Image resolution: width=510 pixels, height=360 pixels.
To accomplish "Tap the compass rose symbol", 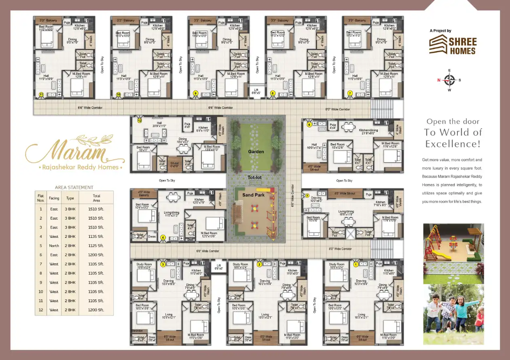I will point(449,80).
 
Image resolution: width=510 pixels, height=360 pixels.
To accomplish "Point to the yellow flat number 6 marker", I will point(309,125).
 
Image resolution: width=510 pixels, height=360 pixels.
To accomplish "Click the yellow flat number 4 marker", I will point(163,237).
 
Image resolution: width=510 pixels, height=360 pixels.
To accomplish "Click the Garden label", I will point(256,152).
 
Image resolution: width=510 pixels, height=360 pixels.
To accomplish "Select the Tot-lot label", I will point(256,177).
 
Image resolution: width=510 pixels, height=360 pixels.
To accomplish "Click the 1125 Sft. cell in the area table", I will point(96,246).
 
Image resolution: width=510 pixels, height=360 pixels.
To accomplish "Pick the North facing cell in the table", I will point(54,246).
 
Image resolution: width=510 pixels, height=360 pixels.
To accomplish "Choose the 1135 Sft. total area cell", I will point(96,237).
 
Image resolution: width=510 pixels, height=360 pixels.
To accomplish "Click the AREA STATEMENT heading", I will point(74,187).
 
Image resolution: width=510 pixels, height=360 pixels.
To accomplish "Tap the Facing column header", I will point(54,198).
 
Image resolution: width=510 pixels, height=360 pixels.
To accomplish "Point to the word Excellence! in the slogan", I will point(453,144).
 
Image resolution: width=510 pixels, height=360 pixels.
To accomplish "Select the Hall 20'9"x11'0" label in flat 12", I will point(159,125).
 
